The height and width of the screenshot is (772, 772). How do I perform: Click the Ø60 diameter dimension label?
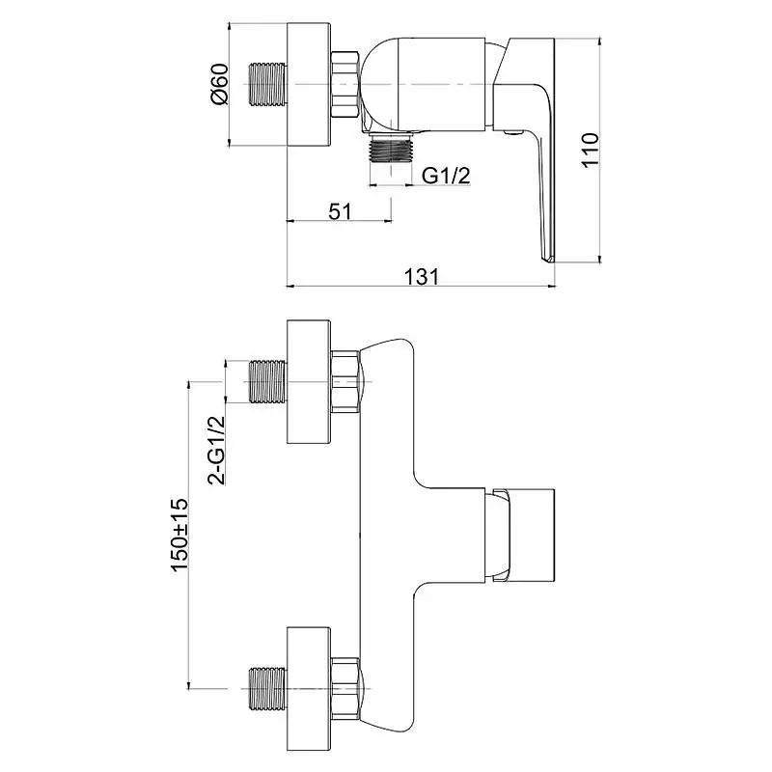click(220, 84)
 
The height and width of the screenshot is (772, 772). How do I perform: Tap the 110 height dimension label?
click(590, 150)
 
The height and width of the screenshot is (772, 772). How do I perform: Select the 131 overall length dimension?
click(422, 276)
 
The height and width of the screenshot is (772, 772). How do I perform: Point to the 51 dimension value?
click(341, 211)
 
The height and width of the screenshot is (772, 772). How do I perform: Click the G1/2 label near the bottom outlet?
click(446, 175)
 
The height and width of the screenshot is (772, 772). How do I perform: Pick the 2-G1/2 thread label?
click(216, 450)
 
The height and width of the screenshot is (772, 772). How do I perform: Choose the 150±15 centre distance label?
click(179, 535)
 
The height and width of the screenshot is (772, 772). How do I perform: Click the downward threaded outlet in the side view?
click(392, 148)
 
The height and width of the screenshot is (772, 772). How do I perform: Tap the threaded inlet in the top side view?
click(269, 84)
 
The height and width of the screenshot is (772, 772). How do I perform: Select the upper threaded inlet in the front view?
click(269, 381)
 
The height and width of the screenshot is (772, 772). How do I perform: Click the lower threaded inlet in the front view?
click(269, 688)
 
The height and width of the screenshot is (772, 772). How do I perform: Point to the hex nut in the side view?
click(346, 84)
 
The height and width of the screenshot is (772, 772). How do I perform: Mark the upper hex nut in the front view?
click(346, 381)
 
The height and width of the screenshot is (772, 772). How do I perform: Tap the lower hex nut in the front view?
click(346, 688)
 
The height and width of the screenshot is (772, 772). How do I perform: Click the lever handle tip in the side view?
click(547, 260)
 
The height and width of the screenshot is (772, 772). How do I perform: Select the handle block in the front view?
click(524, 536)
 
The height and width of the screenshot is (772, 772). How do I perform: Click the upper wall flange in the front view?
click(309, 381)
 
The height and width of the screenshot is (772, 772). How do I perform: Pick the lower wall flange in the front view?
click(309, 688)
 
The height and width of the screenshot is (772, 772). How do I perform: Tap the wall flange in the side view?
click(309, 84)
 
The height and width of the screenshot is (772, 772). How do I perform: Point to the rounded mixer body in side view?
click(425, 85)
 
